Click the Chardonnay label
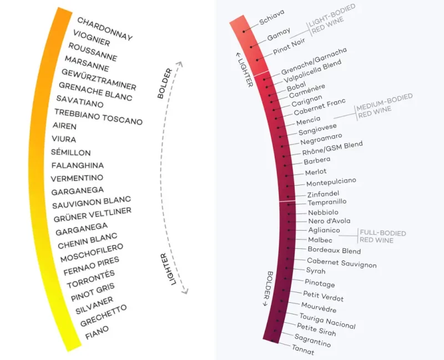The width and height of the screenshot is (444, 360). [x=105, y=29]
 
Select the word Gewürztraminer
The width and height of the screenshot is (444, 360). [x=99, y=79]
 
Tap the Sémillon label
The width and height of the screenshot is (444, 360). [x=71, y=152]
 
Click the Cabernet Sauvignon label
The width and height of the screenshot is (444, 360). [x=342, y=262]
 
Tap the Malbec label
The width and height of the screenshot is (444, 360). [x=320, y=240]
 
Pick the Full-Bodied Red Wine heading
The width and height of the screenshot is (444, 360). [x=382, y=237]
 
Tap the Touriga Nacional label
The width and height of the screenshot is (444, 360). [x=327, y=321]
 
